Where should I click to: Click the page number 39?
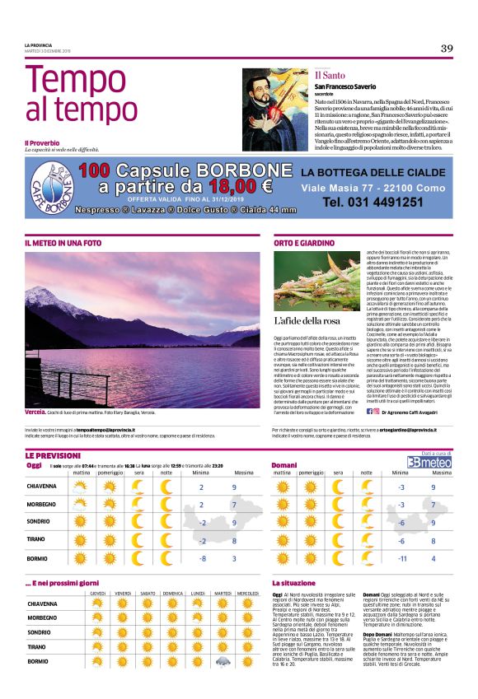(x=447, y=48)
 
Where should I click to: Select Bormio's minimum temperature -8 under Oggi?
(x=200, y=558)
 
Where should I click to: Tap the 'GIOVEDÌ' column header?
(x=98, y=594)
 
